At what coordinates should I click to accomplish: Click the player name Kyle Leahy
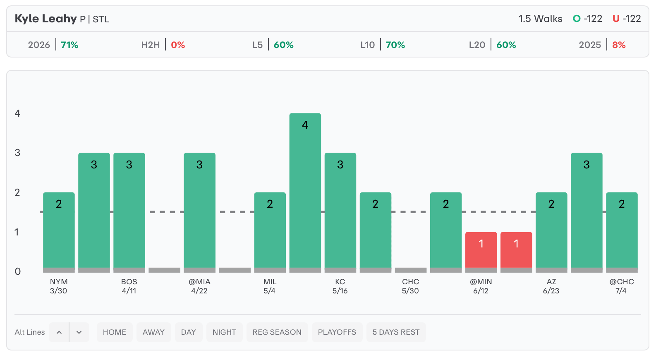[x=45, y=19]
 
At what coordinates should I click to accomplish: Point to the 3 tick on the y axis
[x=17, y=153]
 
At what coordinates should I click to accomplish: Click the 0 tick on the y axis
[x=17, y=271]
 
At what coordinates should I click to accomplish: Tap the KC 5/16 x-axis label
[x=340, y=286]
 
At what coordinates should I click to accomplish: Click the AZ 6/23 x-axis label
[x=551, y=286]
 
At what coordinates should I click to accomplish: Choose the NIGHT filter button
[x=224, y=332]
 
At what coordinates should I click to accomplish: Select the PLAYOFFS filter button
[x=337, y=332]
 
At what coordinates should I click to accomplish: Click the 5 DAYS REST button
[x=396, y=332]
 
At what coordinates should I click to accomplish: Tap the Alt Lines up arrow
[x=59, y=332]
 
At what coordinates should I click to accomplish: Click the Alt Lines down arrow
[x=79, y=332]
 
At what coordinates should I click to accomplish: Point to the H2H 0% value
[x=178, y=45]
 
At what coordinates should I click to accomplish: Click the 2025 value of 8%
[x=619, y=45]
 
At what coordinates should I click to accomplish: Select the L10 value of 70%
[x=395, y=45]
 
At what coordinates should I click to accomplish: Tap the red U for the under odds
[x=616, y=19]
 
